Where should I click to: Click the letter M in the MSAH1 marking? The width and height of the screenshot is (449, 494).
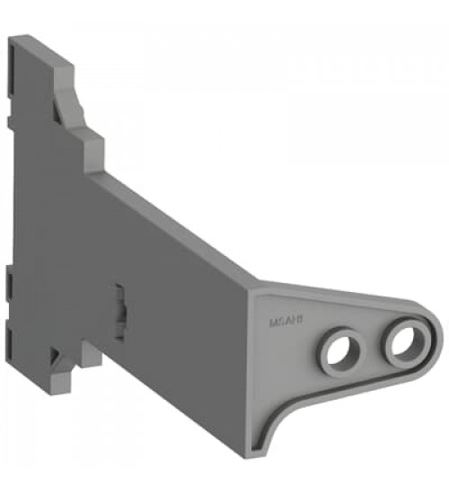tap(272, 319)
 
